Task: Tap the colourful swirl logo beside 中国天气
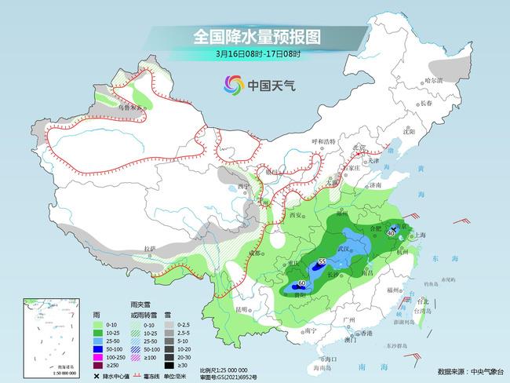[233, 84]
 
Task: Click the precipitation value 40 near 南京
[391, 232]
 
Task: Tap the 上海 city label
[421, 235]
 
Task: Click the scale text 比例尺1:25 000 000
[224, 369]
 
